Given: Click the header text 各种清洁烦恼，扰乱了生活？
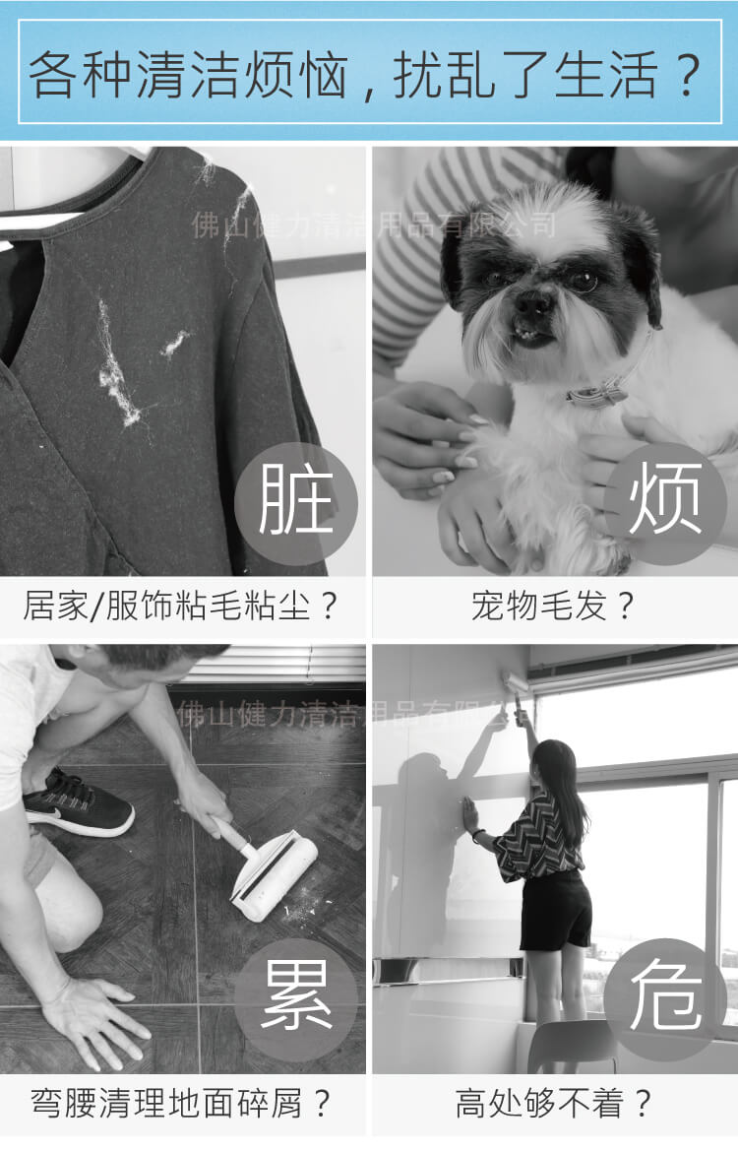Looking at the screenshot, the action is point(365,75).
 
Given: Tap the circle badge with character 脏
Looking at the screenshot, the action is point(296,503).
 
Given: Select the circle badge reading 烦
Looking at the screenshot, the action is point(665,503).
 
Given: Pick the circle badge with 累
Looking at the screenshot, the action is point(296,1000).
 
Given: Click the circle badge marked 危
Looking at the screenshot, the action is point(665,1000).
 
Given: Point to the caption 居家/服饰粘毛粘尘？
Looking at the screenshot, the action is point(181,607).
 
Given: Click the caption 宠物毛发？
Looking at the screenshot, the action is point(552,607).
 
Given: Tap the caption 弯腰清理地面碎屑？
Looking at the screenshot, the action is point(181,1104).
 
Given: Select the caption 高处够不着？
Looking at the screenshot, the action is point(553,1104).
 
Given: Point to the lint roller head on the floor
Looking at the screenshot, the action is point(276,875).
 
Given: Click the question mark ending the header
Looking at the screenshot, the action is point(688,76).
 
